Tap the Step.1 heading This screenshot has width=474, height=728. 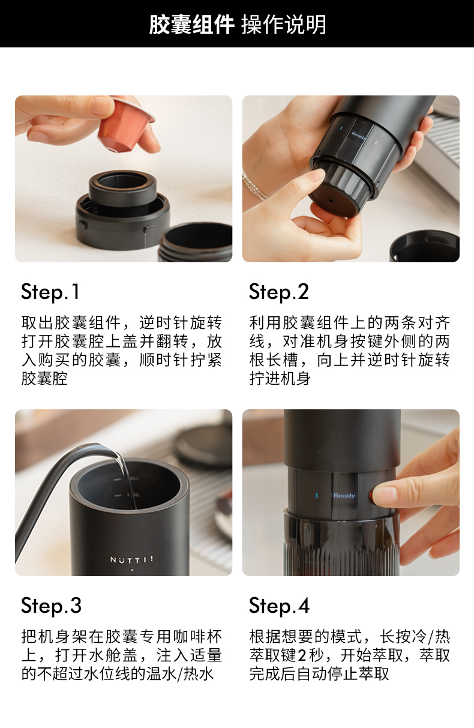50,292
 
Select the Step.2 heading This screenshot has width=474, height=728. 279,292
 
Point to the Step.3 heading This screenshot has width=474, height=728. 51,606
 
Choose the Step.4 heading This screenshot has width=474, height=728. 279,606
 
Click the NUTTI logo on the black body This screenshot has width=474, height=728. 131,559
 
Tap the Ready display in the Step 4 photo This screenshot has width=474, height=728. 344,496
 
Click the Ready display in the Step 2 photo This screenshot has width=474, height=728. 359,135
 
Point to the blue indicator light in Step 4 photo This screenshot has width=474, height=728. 316,496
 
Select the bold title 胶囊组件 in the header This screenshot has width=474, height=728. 191,25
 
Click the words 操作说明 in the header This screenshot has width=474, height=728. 284,25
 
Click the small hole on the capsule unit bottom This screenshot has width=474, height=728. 331,200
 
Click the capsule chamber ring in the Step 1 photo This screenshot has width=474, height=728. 123,188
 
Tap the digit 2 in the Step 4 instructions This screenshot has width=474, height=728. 302,655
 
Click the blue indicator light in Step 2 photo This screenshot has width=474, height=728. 341,128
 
